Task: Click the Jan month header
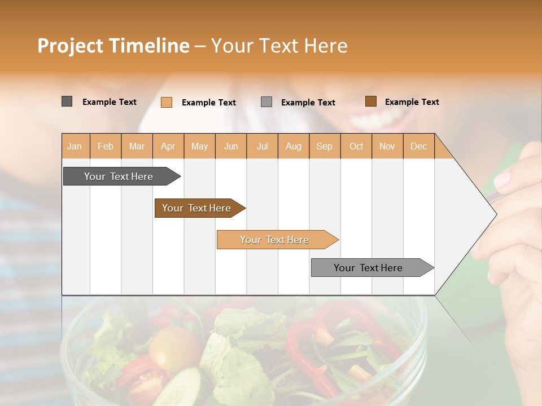[x=75, y=146]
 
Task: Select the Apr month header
[x=168, y=146]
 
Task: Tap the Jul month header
[x=263, y=146]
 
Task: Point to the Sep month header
[x=324, y=146]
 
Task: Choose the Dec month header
[x=418, y=146]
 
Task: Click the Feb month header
[x=106, y=146]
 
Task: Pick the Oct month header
[x=356, y=146]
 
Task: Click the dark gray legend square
[x=67, y=101]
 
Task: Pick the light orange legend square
[x=167, y=102]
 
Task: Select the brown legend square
[x=371, y=101]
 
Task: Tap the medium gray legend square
[x=266, y=102]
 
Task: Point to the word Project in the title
[x=70, y=46]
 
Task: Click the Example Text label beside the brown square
[x=412, y=102]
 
